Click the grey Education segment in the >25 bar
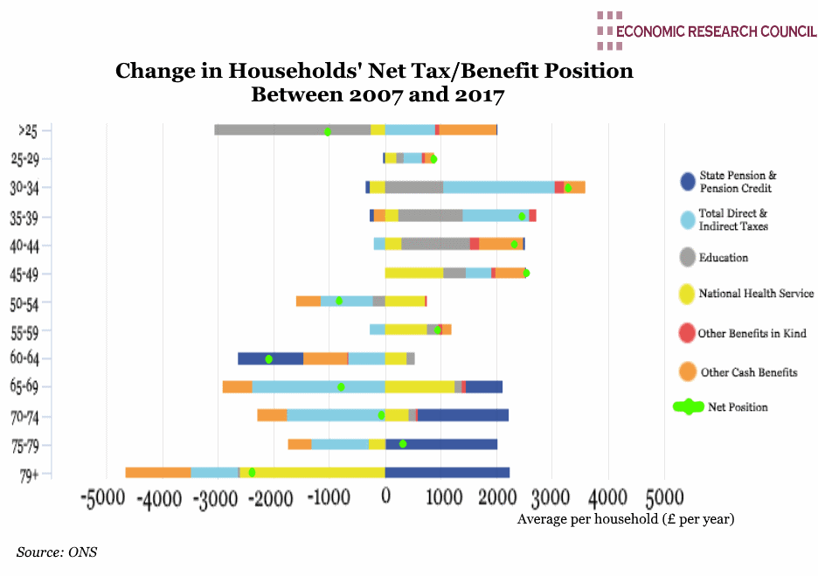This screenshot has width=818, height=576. (293, 130)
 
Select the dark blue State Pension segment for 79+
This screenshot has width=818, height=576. (447, 473)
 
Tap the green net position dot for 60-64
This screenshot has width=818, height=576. (269, 359)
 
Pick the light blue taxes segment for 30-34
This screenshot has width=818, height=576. (498, 187)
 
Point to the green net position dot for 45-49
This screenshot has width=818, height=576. (526, 274)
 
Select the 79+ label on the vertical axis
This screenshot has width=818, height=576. (30, 475)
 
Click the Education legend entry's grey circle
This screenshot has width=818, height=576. (688, 258)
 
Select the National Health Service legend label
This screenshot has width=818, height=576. (756, 294)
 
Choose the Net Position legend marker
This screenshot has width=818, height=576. (689, 407)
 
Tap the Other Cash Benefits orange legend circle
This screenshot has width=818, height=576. (688, 372)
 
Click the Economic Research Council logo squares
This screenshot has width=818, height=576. (609, 30)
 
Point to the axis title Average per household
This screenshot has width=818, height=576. (626, 519)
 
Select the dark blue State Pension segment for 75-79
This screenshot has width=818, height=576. (441, 444)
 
